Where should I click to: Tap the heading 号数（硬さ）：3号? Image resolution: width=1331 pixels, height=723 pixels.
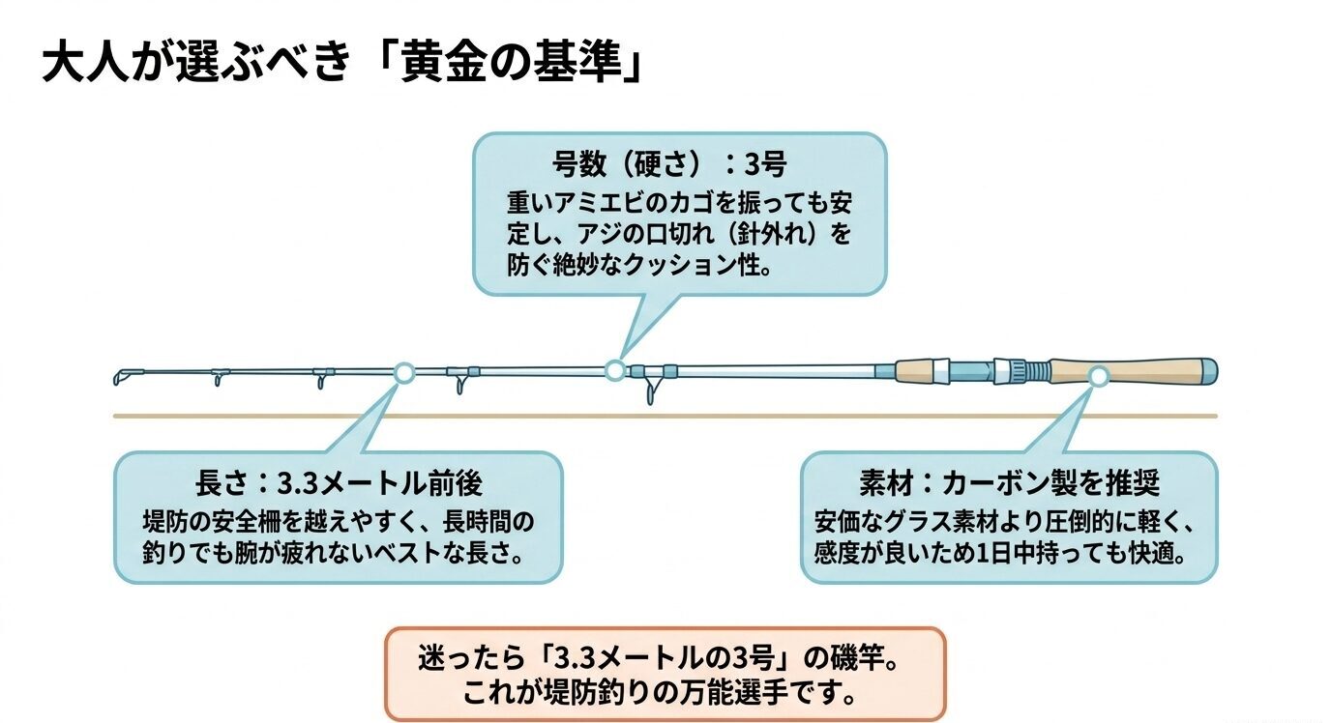coord(669,164)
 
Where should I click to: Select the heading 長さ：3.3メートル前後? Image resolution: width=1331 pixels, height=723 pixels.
coord(339,483)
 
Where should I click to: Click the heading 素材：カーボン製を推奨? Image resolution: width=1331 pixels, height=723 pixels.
coord(1009,482)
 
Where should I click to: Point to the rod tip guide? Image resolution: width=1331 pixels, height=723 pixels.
coord(121,375)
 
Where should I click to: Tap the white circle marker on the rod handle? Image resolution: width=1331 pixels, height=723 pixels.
coord(1098,377)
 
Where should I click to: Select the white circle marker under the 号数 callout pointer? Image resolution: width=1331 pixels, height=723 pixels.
coord(613,369)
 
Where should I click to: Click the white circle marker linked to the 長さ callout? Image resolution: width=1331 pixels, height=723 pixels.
coord(404,372)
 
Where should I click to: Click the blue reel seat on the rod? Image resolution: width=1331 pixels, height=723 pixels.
coord(962,370)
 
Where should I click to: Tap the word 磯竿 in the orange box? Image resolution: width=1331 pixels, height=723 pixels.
coord(860,659)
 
